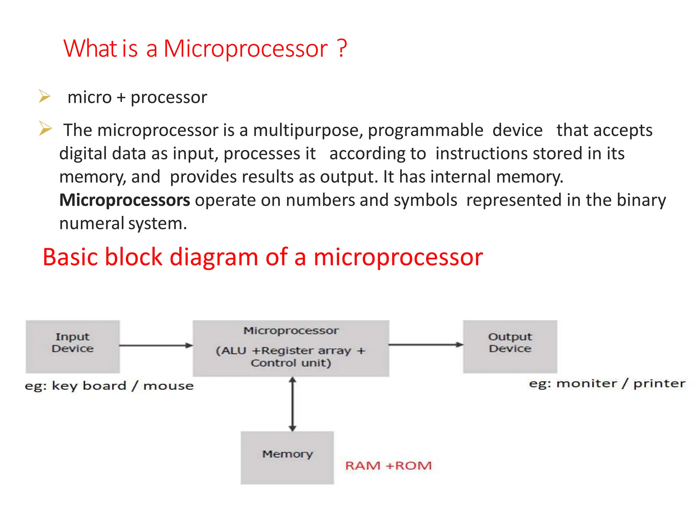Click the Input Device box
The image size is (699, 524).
click(x=73, y=346)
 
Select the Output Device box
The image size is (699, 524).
click(x=510, y=346)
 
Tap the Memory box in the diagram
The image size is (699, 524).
click(x=287, y=457)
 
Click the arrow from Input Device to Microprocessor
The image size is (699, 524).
click(x=156, y=346)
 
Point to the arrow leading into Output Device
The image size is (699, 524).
click(x=426, y=345)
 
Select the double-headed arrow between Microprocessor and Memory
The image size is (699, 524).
click(x=293, y=404)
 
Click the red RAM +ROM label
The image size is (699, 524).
click(x=388, y=466)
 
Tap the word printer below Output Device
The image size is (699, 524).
click(x=659, y=384)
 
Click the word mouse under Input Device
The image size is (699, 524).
click(x=168, y=386)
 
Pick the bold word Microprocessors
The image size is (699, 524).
click(x=125, y=200)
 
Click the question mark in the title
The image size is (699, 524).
click(x=342, y=48)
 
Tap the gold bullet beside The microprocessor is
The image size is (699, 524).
click(x=45, y=129)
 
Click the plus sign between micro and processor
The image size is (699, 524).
click(x=121, y=98)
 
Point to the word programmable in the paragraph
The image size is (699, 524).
click(x=425, y=131)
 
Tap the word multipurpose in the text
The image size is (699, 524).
click(x=308, y=131)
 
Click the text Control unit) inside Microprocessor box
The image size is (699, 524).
click(x=291, y=363)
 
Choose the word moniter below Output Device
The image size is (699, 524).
click(x=586, y=384)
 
